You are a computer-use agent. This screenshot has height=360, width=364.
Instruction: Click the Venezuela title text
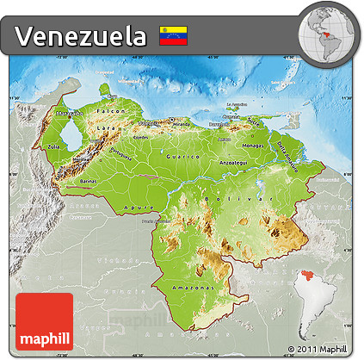click(81, 35)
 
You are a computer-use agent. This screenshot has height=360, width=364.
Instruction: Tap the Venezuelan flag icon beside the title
click(173, 35)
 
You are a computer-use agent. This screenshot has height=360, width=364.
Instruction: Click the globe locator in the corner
click(327, 32)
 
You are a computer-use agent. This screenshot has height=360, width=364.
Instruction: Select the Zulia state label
click(53, 147)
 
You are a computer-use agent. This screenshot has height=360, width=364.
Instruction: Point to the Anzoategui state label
click(234, 160)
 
